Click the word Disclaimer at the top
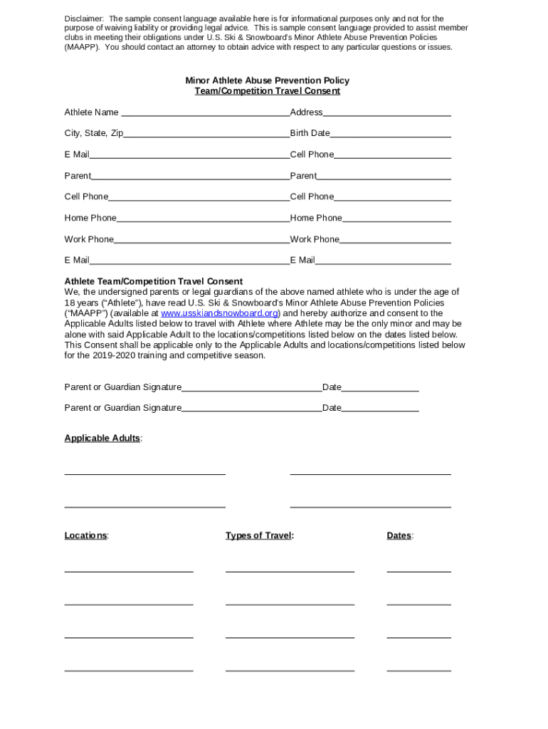click(x=84, y=19)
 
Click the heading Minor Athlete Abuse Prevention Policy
click(x=267, y=81)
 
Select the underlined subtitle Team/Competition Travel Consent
click(x=267, y=91)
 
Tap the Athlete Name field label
click(x=92, y=112)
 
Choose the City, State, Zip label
click(x=94, y=133)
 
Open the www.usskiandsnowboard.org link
click(x=219, y=313)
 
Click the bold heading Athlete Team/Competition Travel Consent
click(x=154, y=281)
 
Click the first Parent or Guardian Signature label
click(x=123, y=387)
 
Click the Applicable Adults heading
click(x=102, y=438)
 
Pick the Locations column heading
click(x=85, y=535)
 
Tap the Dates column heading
click(x=399, y=535)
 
